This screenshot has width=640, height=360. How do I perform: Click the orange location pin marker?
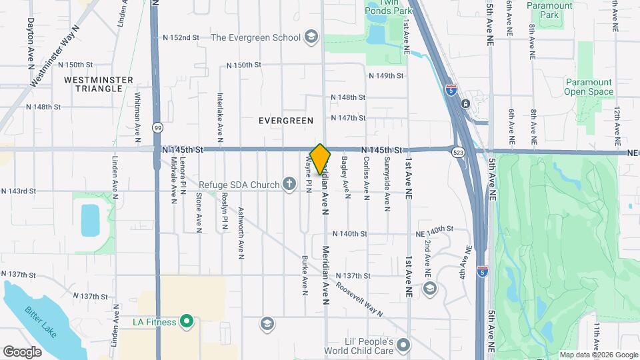(321, 159)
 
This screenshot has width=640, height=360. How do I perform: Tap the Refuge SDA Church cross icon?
(289, 183)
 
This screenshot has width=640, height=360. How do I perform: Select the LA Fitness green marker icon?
(187, 322)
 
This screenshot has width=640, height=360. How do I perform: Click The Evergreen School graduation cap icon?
(311, 37)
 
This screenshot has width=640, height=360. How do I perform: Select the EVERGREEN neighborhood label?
(286, 121)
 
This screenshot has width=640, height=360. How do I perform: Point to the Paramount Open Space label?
(589, 87)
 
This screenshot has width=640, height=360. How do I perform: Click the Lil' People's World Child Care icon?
(403, 345)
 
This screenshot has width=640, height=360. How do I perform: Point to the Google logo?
(23, 351)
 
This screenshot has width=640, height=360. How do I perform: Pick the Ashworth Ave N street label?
(240, 233)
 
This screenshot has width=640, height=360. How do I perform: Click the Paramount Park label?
(549, 10)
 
